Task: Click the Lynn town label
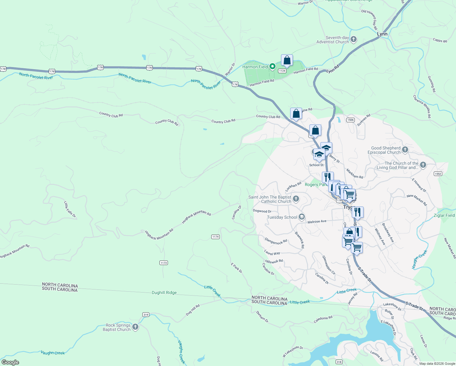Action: click(382, 34)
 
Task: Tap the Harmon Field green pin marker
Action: click(273, 66)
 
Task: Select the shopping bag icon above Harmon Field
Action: click(287, 60)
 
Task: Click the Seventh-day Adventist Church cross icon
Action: click(354, 39)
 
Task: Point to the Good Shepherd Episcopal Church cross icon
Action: click(405, 150)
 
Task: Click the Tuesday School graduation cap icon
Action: click(302, 217)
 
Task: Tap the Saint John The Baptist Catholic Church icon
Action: click(296, 199)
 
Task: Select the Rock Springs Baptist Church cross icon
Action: click(135, 327)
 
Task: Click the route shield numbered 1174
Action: click(216, 237)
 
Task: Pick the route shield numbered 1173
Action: click(164, 263)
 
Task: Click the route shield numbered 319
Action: click(146, 314)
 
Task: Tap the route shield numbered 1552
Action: click(438, 174)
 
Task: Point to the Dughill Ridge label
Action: click(164, 292)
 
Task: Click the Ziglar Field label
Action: click(444, 215)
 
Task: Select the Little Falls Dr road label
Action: click(70, 209)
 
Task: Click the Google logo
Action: click(10, 362)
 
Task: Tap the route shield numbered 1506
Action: click(351, 120)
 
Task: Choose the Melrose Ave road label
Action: click(317, 221)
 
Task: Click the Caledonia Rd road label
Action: click(323, 319)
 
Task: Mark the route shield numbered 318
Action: click(339, 362)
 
